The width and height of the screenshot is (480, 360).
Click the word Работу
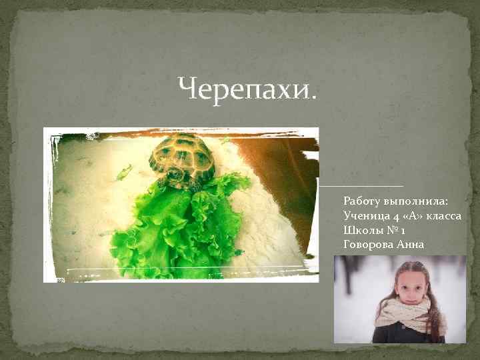click(x=363, y=200)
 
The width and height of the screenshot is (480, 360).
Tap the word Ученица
click(x=365, y=215)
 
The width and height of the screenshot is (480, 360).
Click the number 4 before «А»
click(x=393, y=215)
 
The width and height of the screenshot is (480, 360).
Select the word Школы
click(x=361, y=229)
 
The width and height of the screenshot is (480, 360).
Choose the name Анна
click(x=411, y=244)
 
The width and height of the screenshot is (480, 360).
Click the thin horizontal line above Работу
click(x=363, y=185)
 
